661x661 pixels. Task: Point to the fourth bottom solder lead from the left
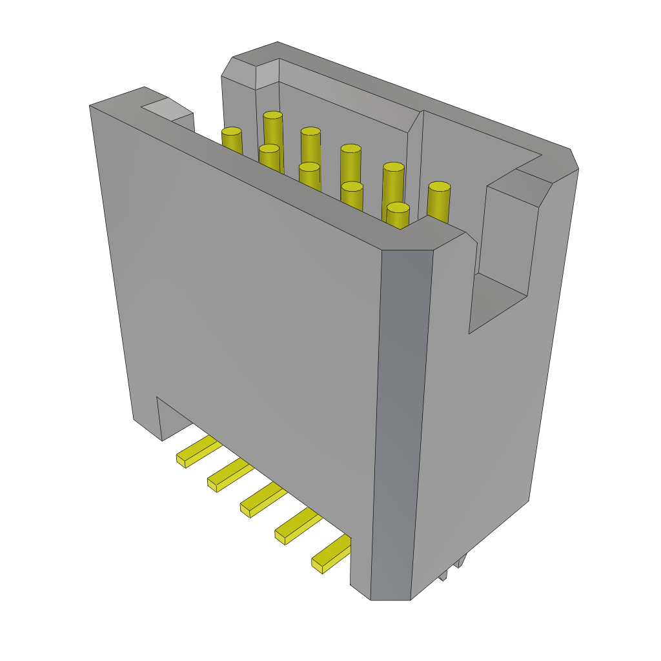click(297, 526)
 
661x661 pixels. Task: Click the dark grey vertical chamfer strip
click(400, 420)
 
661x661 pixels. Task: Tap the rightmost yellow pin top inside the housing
click(439, 187)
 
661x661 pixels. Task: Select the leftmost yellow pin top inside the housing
click(231, 132)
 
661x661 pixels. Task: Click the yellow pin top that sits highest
click(273, 116)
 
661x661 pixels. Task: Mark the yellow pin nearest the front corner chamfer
click(398, 208)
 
